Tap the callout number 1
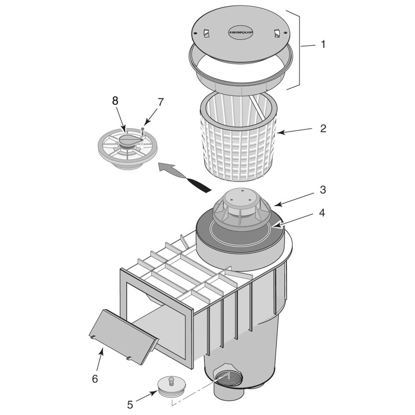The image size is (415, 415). [x=323, y=45]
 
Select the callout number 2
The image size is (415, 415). [x=323, y=128]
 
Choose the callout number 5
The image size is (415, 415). [x=130, y=404]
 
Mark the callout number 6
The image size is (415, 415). [x=95, y=379]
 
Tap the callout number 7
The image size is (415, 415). [x=160, y=102]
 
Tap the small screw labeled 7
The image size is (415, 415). [x=143, y=132]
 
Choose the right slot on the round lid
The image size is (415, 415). [x=276, y=33]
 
